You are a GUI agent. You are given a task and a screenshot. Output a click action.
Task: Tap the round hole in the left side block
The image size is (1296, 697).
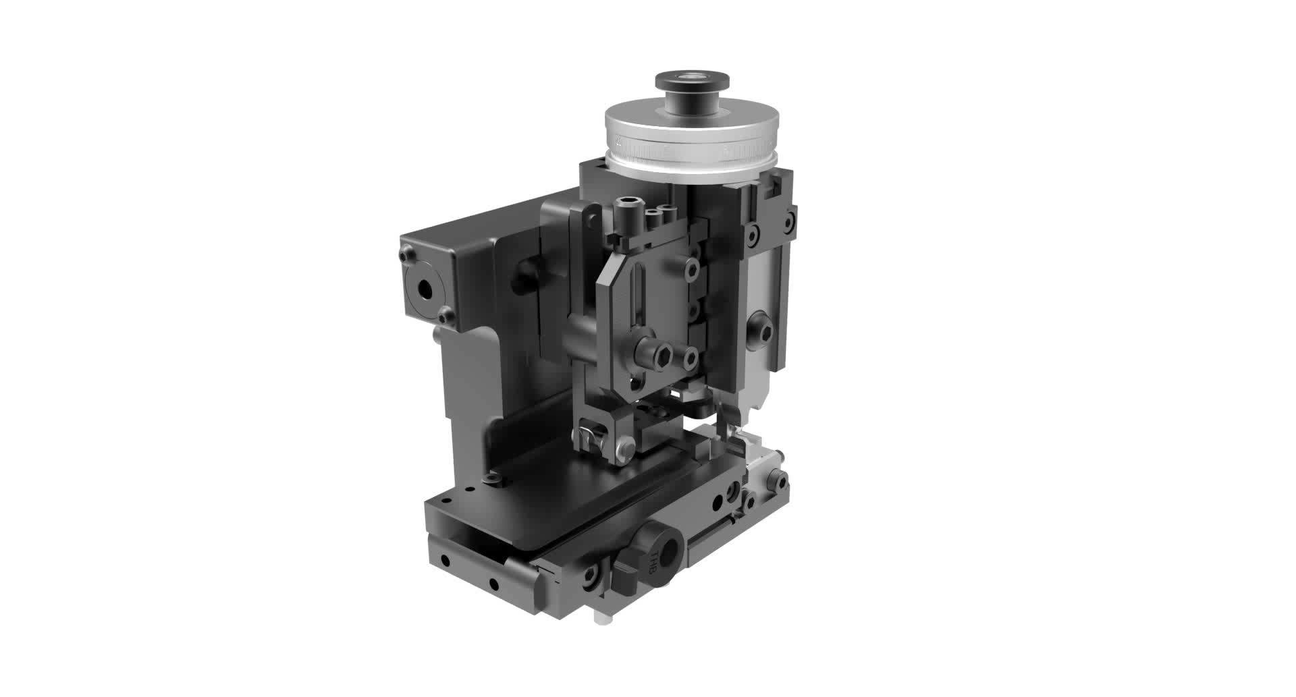[425, 289]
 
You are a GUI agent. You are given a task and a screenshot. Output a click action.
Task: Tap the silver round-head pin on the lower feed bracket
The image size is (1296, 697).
[627, 447]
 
